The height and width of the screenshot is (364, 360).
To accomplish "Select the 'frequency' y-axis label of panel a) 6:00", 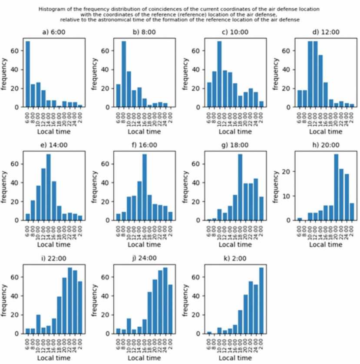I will tap(6, 72).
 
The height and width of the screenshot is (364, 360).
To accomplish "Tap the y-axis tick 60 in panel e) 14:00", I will tap(16, 164).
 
